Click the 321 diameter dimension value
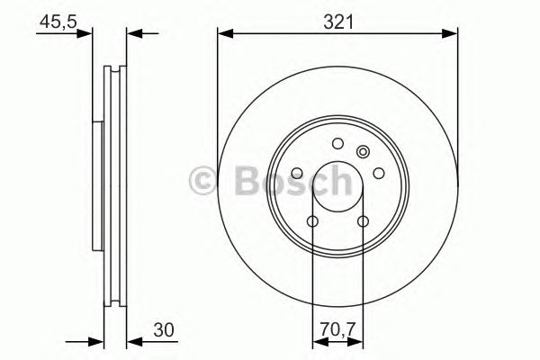coord(337,19)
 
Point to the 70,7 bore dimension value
coord(337,329)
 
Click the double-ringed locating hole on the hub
coord(363,152)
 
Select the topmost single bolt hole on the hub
coord(337,143)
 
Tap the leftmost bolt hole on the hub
coord(298,173)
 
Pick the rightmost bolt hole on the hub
coord(378,173)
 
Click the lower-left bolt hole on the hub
coord(312,221)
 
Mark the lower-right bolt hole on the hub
coord(363,221)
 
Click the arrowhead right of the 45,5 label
coord(86,34)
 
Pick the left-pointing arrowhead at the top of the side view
coord(132,34)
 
